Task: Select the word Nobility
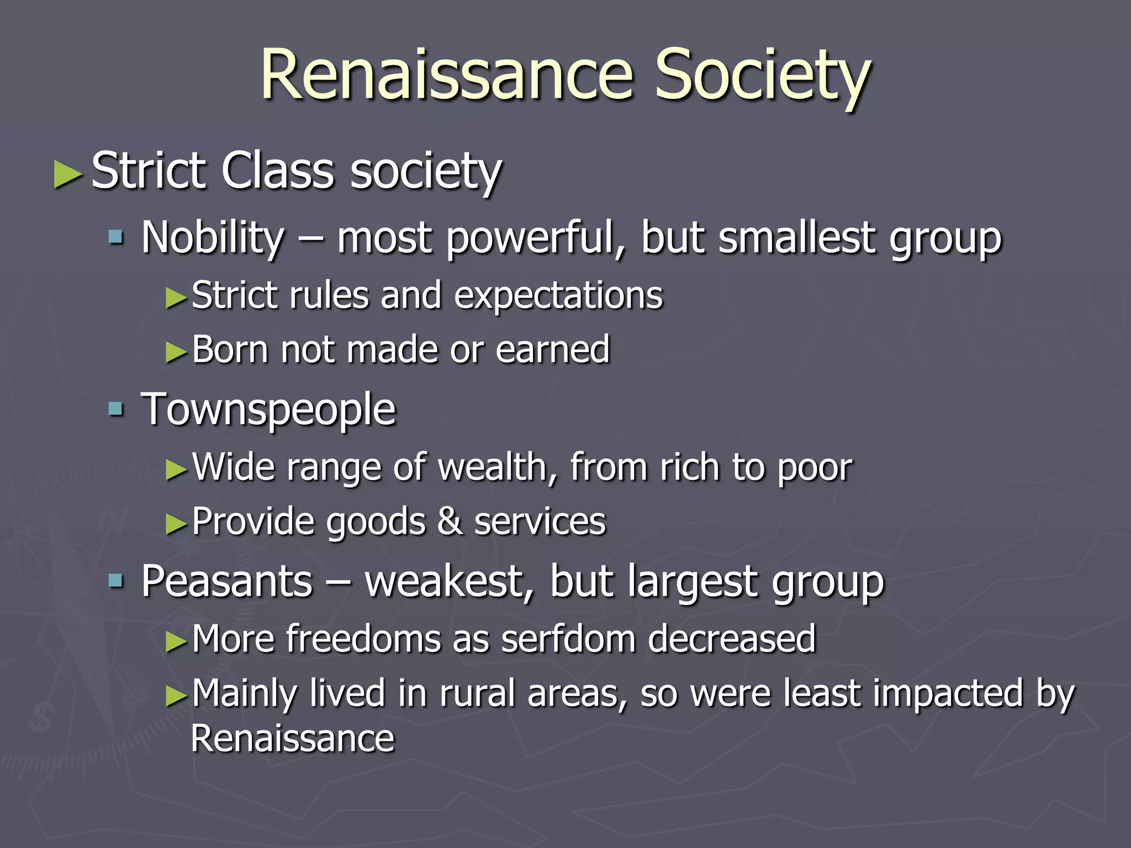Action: point(213,237)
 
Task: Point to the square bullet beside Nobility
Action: point(116,238)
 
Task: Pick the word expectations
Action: point(558,296)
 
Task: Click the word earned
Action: point(552,350)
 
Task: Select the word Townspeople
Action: point(268,410)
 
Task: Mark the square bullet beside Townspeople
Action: point(116,409)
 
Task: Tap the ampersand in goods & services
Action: point(450,522)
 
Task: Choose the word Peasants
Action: point(227,581)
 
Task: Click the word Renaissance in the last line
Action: point(293,739)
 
